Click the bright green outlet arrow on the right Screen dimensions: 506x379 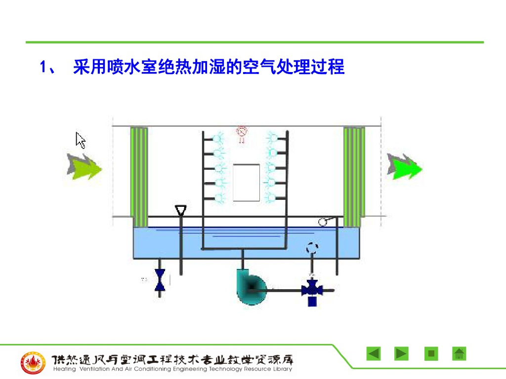point(404,167)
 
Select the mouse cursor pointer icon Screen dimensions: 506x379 point(81,140)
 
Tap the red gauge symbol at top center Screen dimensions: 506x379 point(242,132)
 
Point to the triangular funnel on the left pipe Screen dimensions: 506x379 point(181,211)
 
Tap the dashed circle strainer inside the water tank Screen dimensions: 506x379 point(312,248)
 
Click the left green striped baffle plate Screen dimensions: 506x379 point(139,176)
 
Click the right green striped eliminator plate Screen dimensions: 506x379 point(354,176)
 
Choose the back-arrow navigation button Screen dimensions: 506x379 point(374,354)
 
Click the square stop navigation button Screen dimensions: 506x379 point(431,354)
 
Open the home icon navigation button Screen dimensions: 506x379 point(459,354)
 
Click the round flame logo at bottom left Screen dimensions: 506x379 point(33,363)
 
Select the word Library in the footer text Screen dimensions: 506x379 point(282,369)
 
